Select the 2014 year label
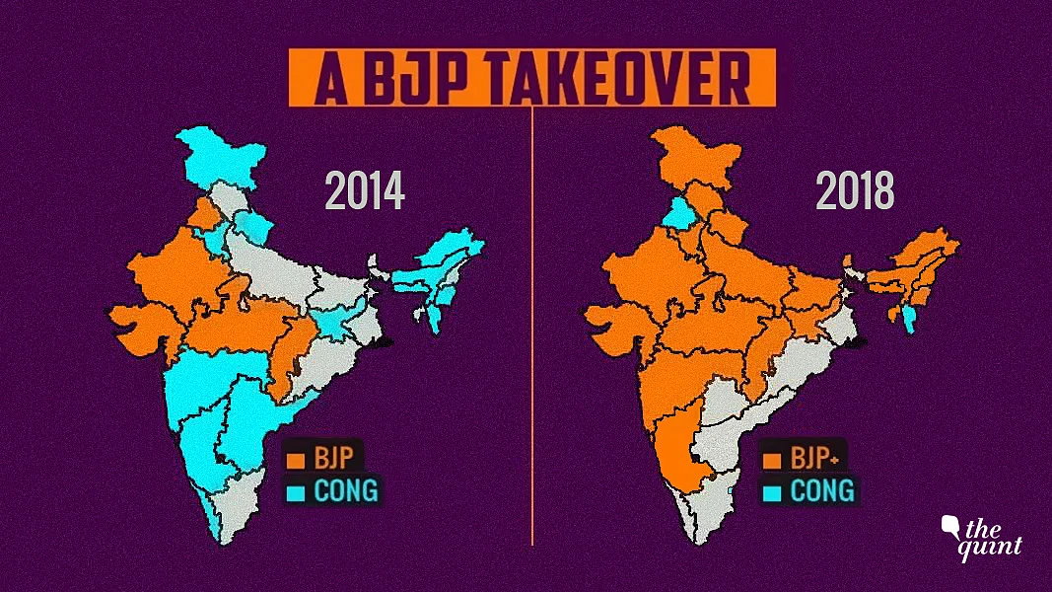click(365, 192)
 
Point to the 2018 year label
click(855, 192)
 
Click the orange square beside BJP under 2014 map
click(294, 460)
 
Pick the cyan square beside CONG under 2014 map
click(294, 489)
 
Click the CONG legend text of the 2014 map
click(345, 489)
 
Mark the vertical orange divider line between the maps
click(532, 326)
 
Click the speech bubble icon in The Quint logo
click(953, 525)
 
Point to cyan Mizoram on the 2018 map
click(907, 318)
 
